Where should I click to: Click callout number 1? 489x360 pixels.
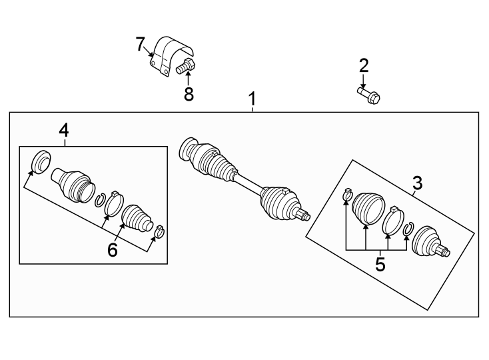252,99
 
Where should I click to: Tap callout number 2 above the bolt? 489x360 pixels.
364,65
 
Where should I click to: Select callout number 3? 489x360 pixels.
417,183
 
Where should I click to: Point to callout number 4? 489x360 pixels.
63,130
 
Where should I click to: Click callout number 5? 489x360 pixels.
380,264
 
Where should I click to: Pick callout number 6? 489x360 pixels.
112,250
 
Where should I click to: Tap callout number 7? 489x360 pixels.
140,45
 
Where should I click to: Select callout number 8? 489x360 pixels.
189,95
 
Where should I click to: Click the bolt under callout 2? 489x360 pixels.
369,95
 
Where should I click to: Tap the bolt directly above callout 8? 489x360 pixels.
186,66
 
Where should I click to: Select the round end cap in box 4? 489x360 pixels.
42,161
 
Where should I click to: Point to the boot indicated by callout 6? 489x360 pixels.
137,216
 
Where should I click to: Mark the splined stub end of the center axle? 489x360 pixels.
304,215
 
